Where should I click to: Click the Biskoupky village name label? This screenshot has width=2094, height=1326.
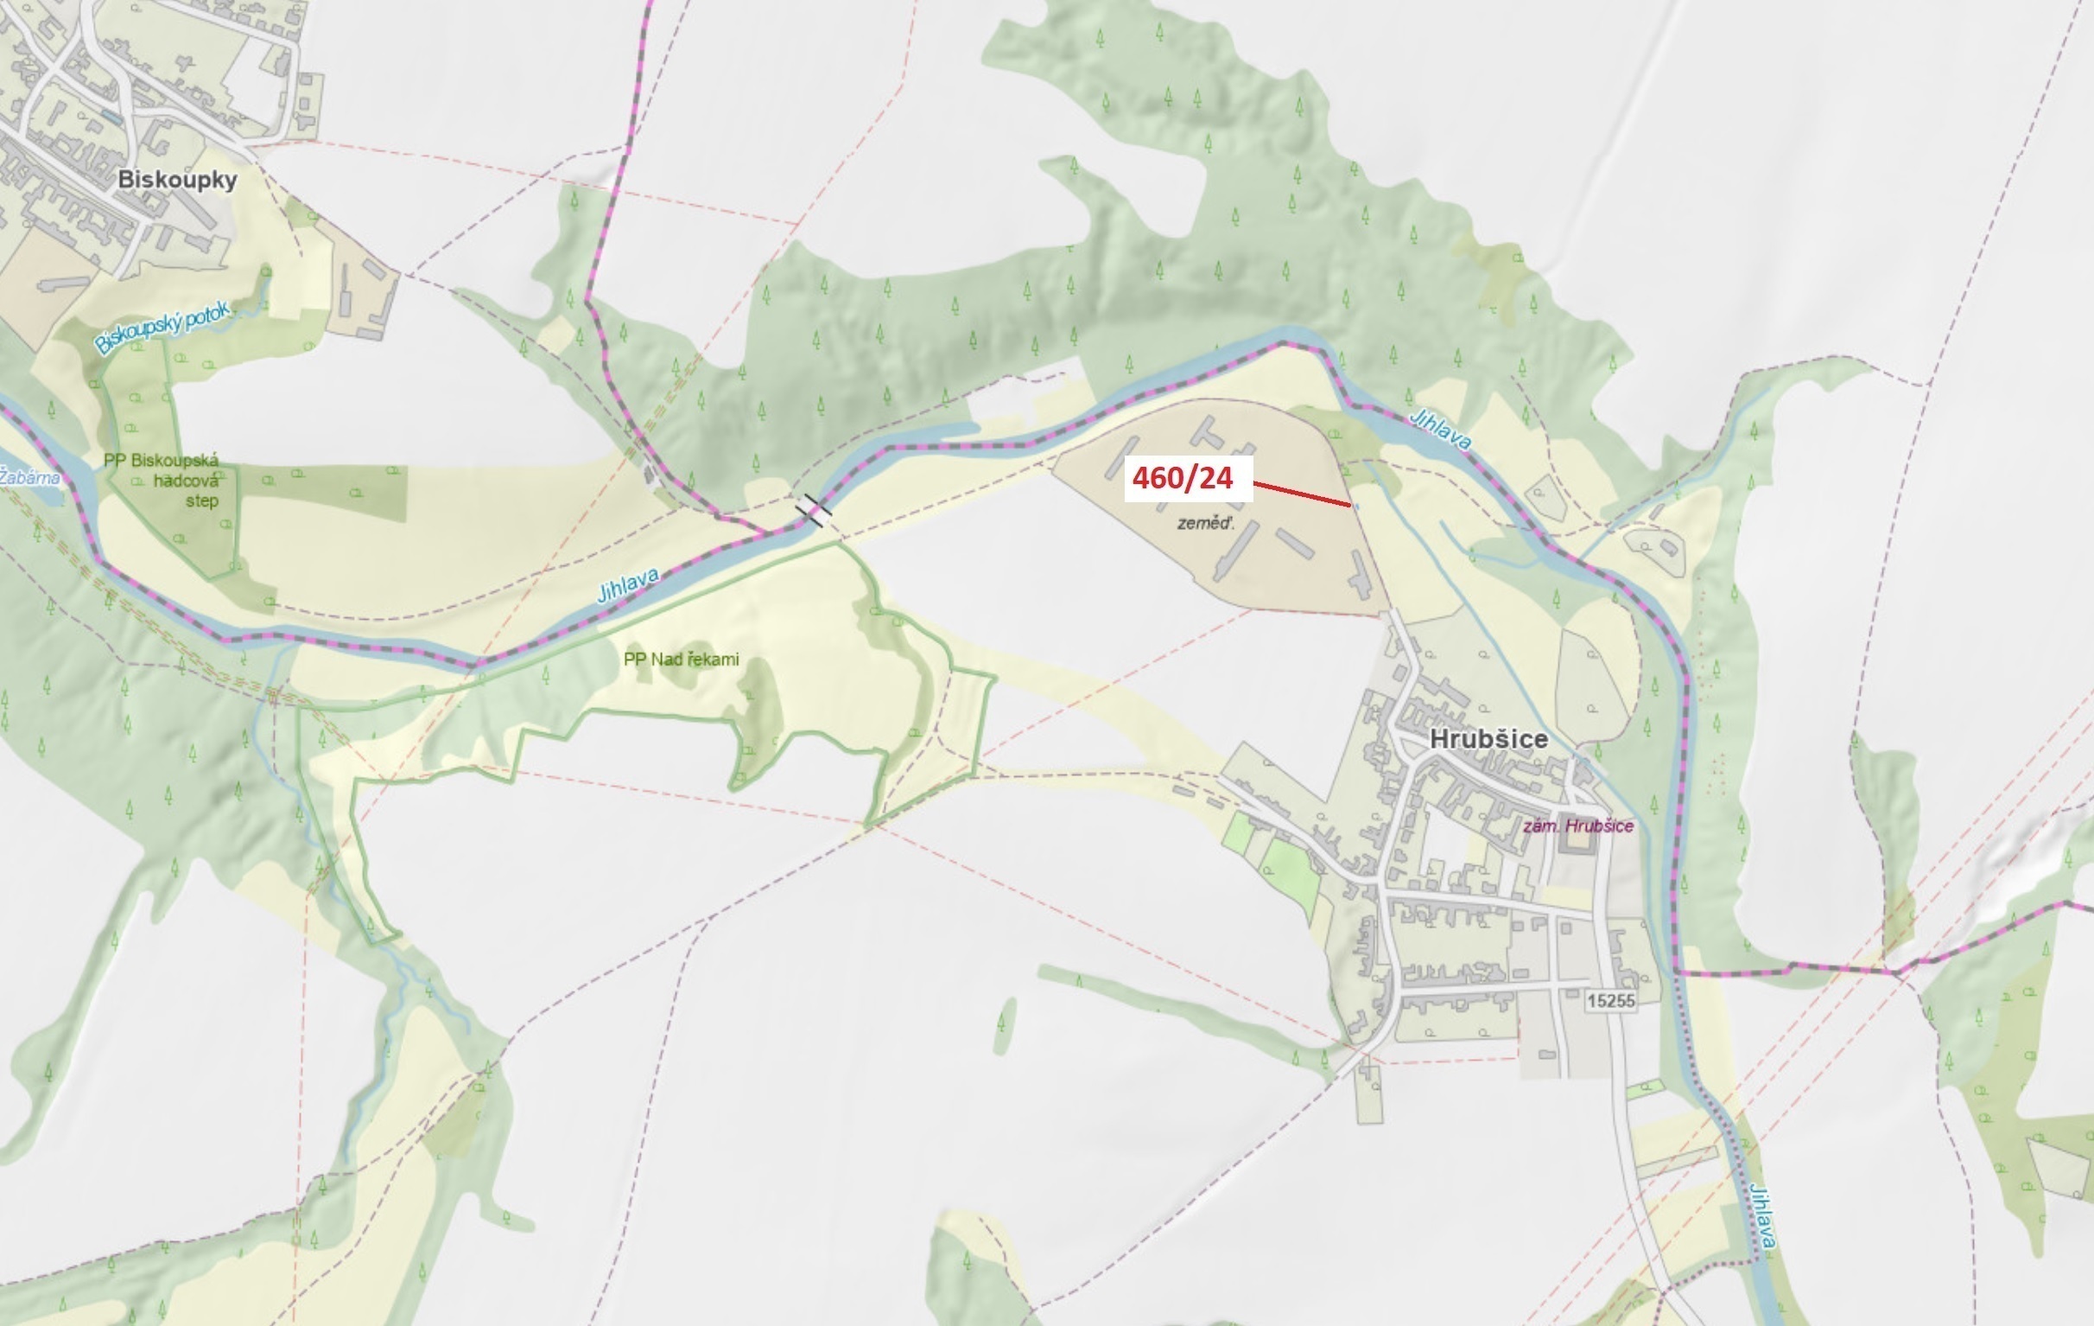177,180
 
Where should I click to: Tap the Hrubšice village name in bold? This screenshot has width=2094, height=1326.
1488,739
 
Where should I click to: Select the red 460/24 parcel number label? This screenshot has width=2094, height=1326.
1183,478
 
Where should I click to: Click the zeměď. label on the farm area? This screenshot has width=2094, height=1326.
1206,523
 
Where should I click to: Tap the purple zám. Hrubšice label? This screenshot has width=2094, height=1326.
1577,826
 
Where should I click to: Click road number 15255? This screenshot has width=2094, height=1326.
1610,1001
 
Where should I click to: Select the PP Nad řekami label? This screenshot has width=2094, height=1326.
681,660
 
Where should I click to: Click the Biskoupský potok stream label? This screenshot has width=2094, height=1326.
163,327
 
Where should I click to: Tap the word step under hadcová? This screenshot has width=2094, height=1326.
202,500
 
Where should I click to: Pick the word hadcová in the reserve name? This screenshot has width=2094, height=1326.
186,481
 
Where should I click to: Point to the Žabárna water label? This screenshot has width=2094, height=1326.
29,477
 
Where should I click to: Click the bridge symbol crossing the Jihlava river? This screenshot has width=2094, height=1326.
812,510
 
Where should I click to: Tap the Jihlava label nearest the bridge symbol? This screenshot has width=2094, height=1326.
627,585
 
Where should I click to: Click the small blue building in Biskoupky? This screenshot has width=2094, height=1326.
111,116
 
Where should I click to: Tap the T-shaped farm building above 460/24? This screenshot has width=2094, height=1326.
1209,432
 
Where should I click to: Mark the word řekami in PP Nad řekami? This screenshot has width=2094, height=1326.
712,660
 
